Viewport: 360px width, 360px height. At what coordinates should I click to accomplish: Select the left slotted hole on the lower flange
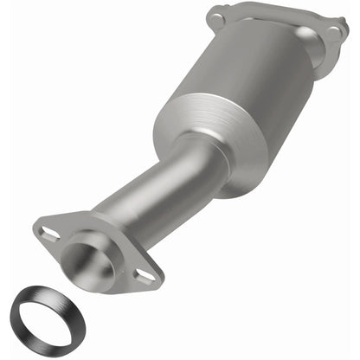50,233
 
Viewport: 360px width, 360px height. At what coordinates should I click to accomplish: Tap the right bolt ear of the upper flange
332,34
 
